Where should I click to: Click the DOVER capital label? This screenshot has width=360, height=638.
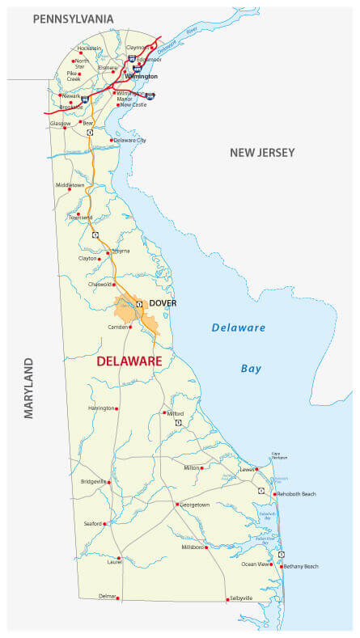coord(163,303)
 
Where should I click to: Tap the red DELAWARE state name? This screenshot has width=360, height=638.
coord(129,361)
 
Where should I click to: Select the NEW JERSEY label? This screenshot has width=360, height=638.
coord(262,153)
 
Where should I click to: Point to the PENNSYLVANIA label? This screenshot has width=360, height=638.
coord(73,18)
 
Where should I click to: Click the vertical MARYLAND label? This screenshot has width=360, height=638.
coord(29,387)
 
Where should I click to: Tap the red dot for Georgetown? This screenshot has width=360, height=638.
coord(176,505)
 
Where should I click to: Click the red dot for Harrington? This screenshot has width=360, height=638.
coord(117,408)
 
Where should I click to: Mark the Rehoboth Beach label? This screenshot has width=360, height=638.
coord(296,493)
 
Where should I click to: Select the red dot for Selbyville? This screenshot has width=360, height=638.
coord(227,599)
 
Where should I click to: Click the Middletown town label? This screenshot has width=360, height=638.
coord(70,185)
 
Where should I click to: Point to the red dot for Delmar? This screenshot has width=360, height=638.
coord(118,598)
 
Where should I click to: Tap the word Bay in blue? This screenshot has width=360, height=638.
coord(251,369)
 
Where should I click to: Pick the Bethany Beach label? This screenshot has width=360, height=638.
coord(301,566)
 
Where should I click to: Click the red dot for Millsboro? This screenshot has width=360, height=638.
coord(206,547)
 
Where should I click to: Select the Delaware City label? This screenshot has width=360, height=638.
coord(130,140)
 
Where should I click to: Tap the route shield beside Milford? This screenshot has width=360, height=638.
coord(178,423)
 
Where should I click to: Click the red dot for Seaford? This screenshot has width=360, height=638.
coord(105,524)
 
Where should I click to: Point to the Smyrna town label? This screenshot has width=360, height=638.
coord(121,251)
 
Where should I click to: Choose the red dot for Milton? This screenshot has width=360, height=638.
coord(201,467)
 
